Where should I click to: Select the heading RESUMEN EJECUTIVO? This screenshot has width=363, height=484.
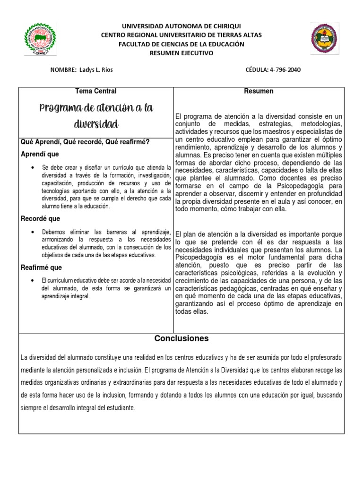[181, 53]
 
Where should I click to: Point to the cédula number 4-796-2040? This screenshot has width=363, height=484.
[284, 70]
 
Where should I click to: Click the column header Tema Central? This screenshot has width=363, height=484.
[96, 91]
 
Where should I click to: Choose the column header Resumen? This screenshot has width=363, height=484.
[259, 91]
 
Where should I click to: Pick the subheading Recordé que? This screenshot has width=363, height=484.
[41, 219]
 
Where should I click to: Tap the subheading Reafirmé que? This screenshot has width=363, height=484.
[42, 268]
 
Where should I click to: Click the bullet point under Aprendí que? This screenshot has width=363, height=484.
[32, 168]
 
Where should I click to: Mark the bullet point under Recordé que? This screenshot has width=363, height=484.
[32, 232]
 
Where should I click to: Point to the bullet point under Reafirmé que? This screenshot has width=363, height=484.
[32, 279]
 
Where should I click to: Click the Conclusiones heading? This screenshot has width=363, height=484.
[181, 339]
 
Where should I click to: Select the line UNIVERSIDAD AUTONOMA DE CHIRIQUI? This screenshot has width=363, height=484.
[181, 26]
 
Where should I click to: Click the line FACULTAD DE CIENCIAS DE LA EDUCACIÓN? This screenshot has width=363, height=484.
[181, 44]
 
